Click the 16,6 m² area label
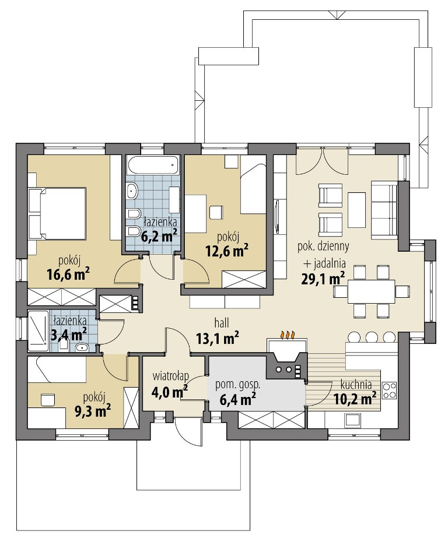point(68,274)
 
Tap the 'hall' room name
point(222,322)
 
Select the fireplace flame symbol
point(287,335)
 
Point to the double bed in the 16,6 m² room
point(57,213)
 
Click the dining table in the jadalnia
point(371,291)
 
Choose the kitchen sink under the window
point(352,420)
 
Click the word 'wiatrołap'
point(170,377)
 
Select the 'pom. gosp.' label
point(237,384)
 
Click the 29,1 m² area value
point(323,279)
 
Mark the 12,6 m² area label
point(227,251)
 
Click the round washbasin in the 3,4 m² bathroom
point(82,348)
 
